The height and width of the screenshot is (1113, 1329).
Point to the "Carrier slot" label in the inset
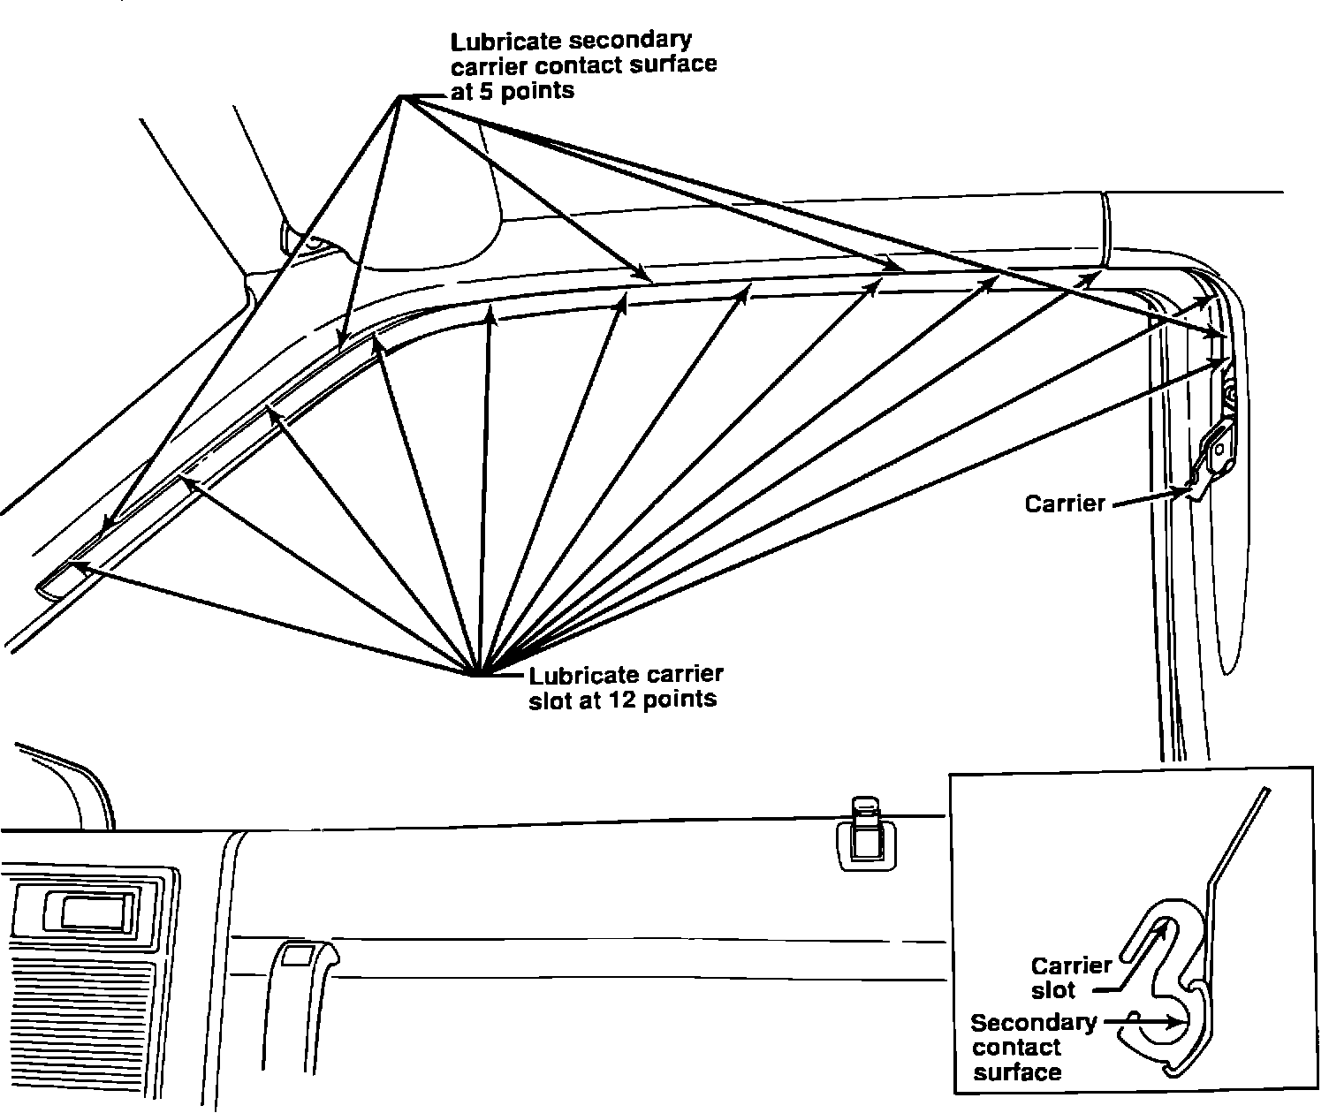[1070, 977]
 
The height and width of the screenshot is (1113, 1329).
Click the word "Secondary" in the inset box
[1033, 1023]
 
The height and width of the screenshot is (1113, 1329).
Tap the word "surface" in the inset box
[1016, 1072]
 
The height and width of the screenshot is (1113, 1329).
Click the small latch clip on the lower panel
[863, 834]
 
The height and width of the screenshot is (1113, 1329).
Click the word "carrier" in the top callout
[486, 66]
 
